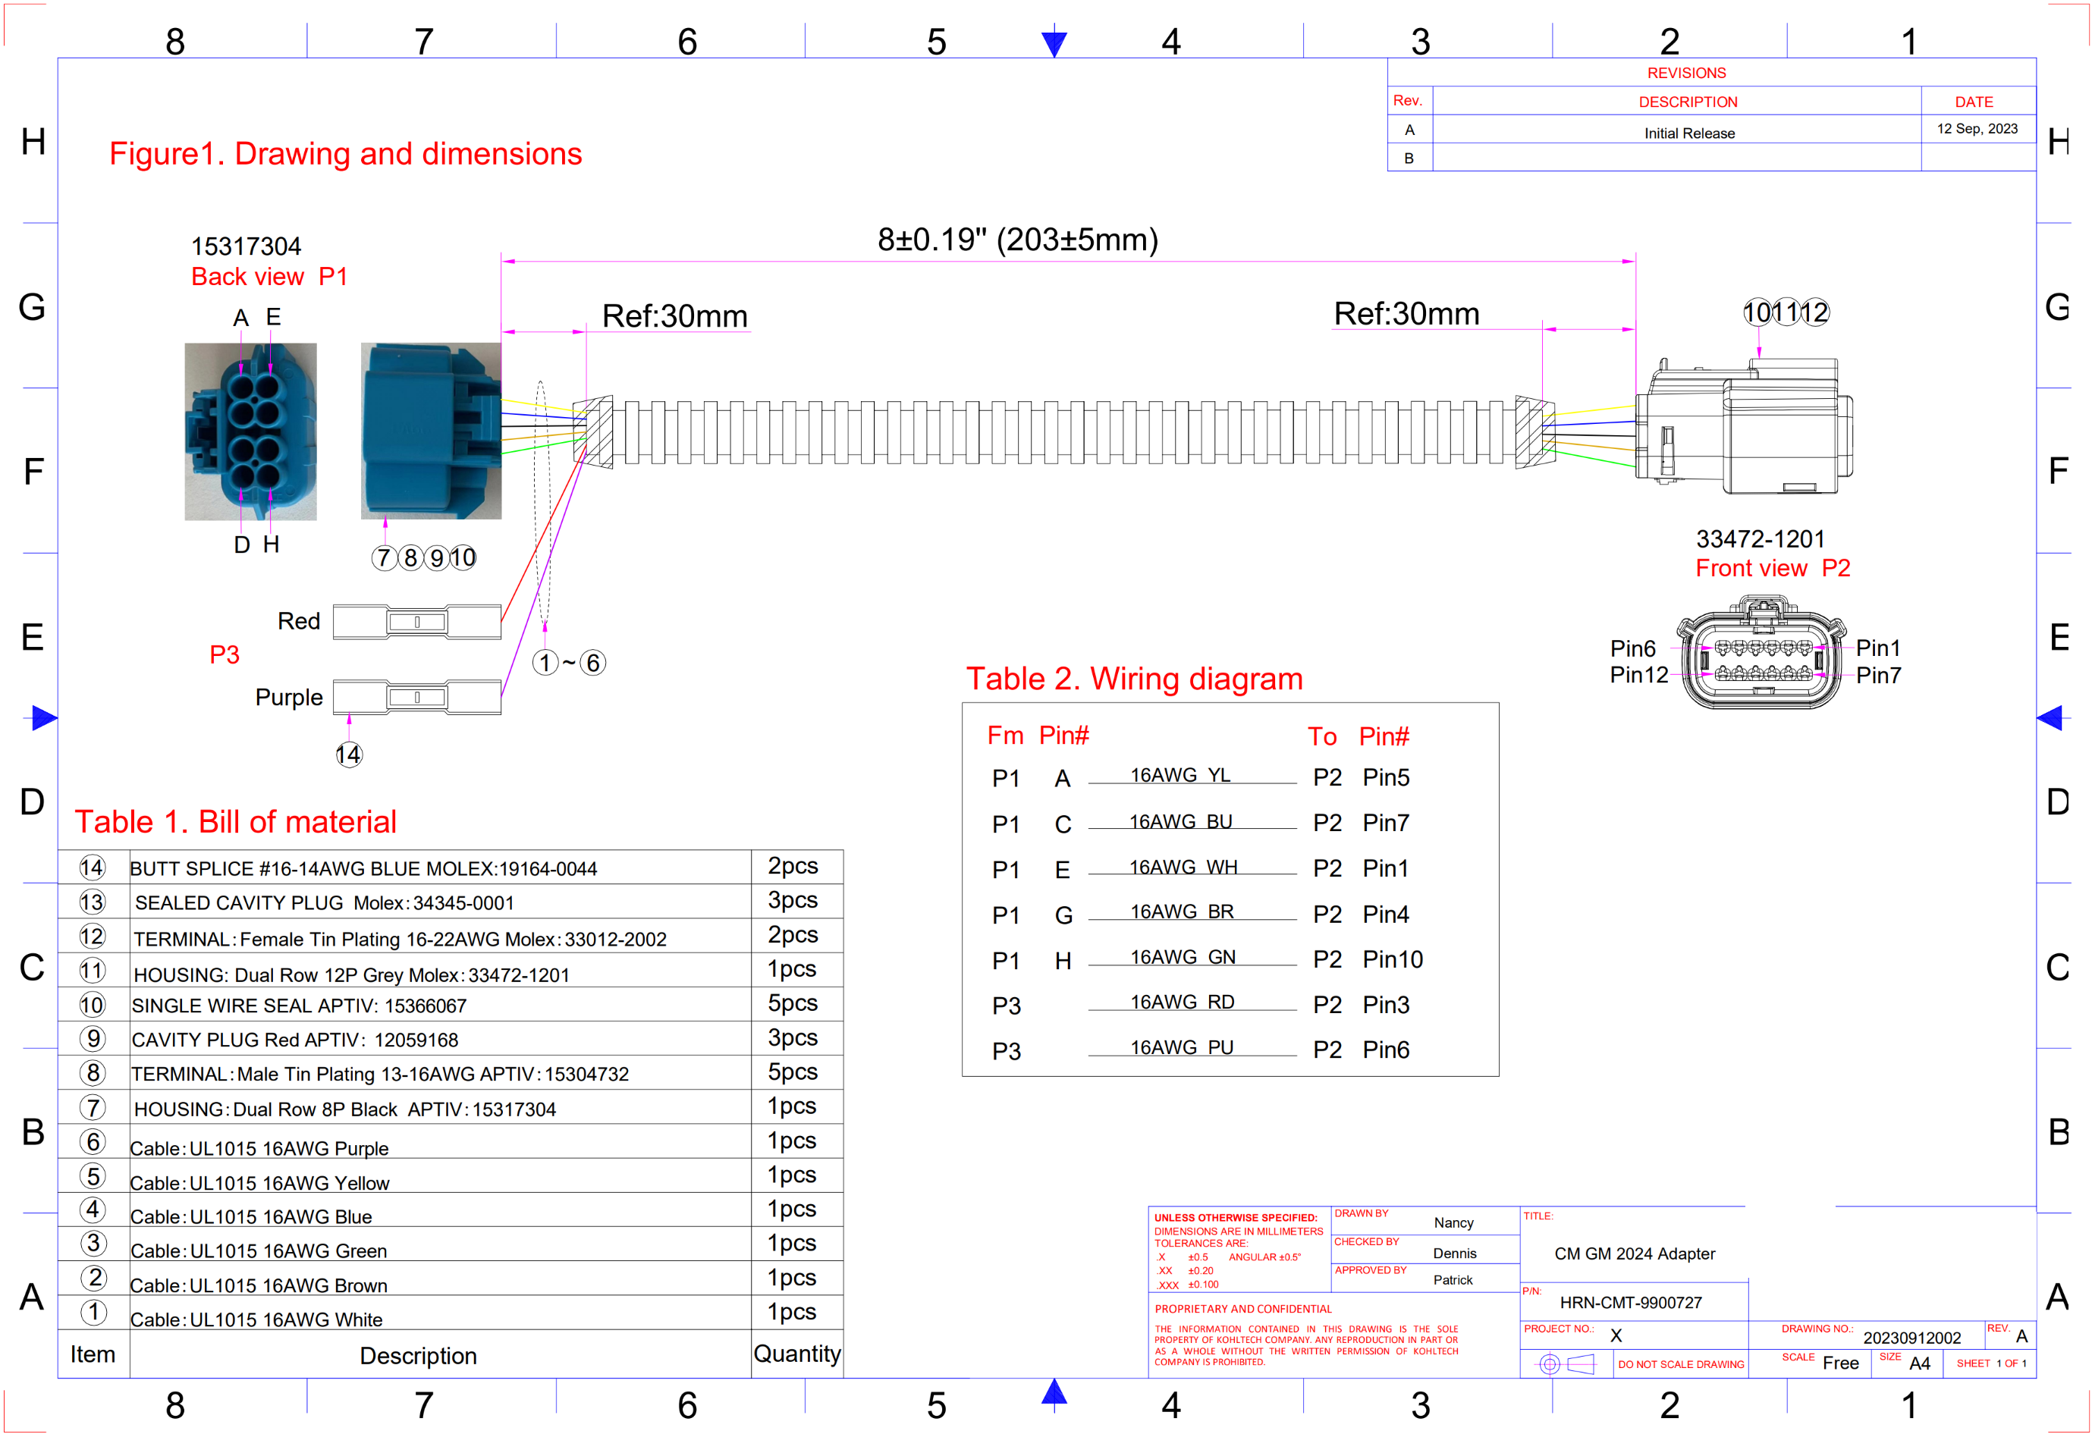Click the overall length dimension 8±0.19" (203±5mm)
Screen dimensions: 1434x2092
1017,240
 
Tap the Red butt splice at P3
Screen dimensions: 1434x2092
416,622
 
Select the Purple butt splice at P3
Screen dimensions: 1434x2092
416,698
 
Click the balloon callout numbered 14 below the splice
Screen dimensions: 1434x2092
348,755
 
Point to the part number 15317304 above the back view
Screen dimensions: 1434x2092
246,246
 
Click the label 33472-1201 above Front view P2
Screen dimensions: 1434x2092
1760,538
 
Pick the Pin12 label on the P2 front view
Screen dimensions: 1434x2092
1638,675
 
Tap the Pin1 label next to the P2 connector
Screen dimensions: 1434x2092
1878,648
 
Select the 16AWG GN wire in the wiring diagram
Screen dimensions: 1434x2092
1183,957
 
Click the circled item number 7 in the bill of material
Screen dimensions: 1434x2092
93,1107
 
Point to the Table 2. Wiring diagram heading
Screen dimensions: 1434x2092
1134,679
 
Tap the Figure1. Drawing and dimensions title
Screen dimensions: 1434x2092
346,154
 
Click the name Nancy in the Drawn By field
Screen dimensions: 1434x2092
1453,1222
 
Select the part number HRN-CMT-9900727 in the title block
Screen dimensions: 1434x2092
1630,1303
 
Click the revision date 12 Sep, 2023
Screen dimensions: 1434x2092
1977,129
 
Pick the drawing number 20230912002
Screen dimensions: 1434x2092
1911,1338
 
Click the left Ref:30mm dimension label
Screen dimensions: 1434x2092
674,316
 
